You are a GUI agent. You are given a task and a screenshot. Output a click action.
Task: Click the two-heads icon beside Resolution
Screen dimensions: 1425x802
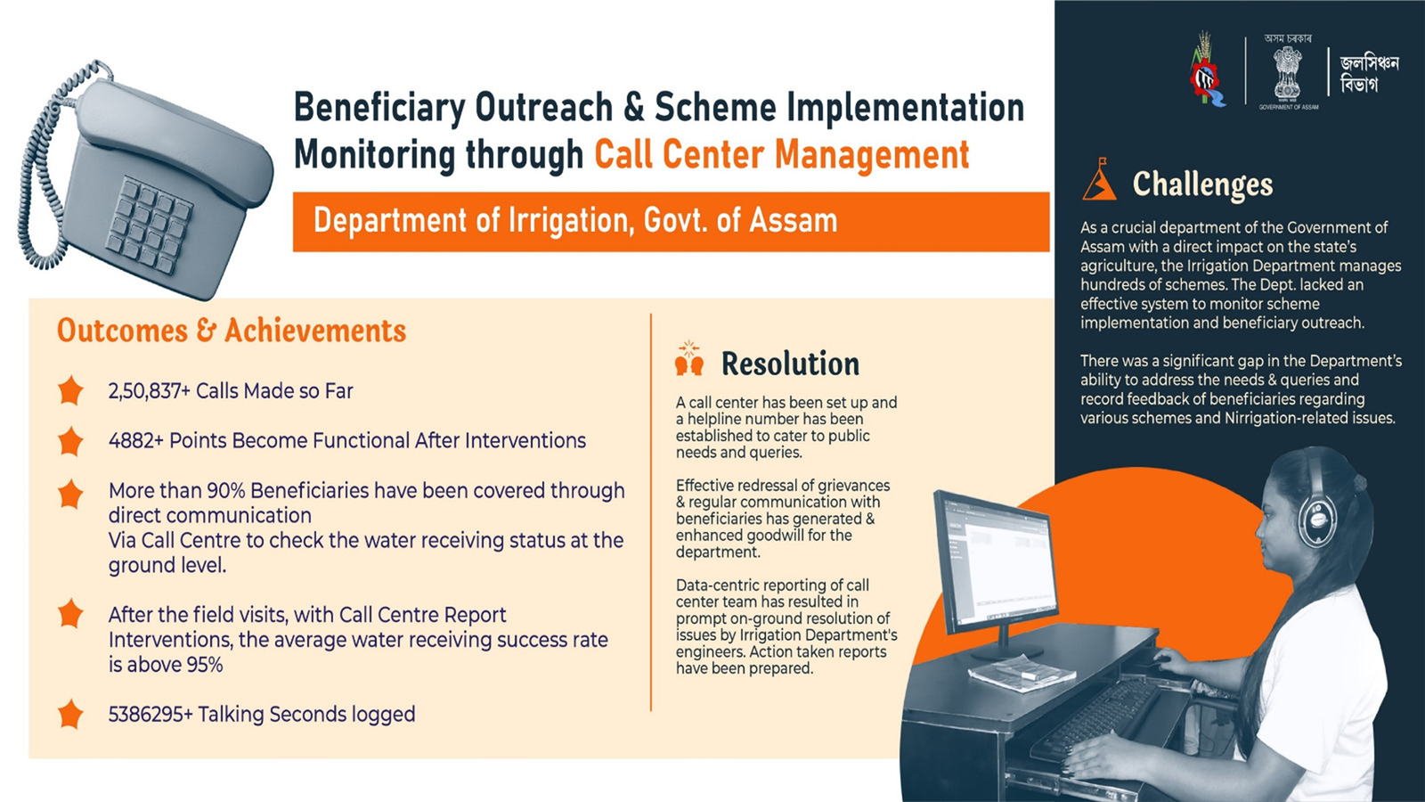(x=689, y=358)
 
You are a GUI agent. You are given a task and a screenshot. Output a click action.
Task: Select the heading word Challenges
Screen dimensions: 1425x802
(x=1202, y=184)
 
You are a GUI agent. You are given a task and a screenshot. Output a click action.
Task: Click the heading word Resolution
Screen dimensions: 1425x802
(x=790, y=364)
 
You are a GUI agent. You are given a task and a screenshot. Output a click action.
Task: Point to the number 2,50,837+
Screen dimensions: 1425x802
(x=149, y=391)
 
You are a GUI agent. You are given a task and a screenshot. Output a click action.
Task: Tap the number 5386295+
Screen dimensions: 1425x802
(x=151, y=714)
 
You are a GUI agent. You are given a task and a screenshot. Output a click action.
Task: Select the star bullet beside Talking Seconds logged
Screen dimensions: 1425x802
(x=70, y=714)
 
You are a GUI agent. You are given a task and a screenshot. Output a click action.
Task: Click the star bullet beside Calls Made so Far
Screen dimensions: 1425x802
(x=70, y=390)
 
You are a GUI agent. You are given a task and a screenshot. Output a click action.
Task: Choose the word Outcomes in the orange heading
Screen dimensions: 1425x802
(x=122, y=331)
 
